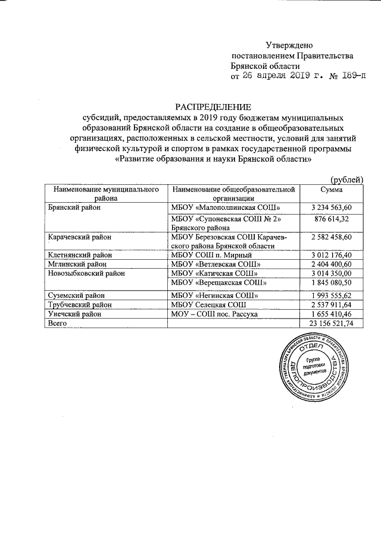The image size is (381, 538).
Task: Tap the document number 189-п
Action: click(x=350, y=77)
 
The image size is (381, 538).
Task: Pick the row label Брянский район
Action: click(x=74, y=207)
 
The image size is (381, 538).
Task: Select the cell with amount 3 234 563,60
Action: click(x=332, y=207)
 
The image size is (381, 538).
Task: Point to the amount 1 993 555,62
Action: click(x=332, y=295)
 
